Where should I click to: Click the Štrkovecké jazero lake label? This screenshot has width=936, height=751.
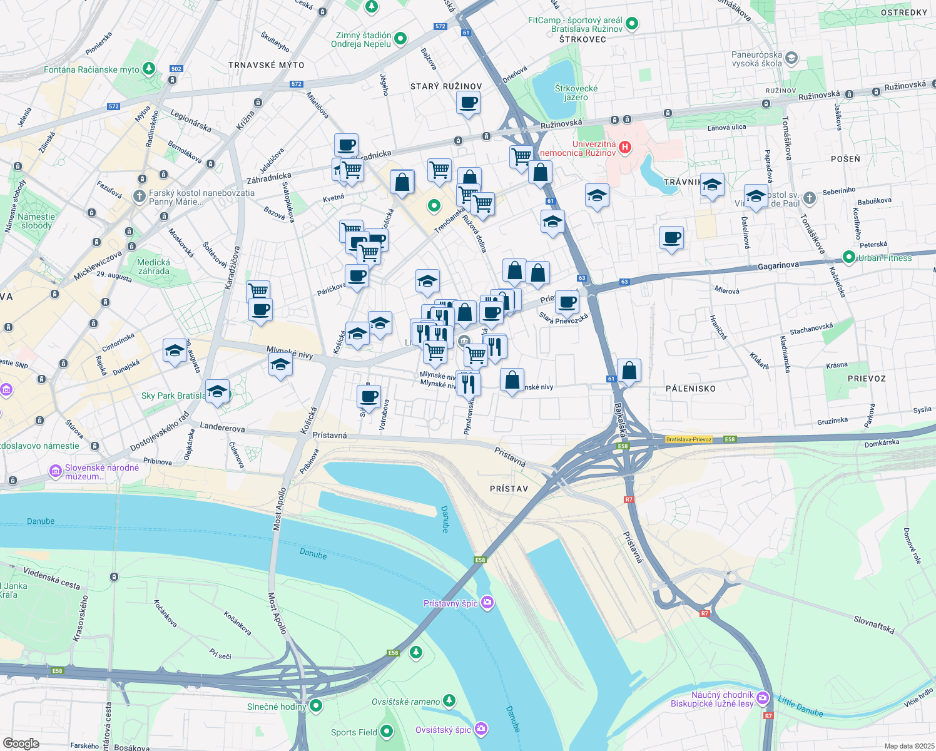tap(576, 93)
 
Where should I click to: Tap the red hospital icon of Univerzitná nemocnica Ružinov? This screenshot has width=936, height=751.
tap(624, 148)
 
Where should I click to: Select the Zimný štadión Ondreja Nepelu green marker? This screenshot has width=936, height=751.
tap(400, 39)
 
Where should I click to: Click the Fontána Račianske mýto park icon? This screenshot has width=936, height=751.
tap(149, 68)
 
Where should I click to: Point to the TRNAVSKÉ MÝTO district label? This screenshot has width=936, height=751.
tap(267, 65)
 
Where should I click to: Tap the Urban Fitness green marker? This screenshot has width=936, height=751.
tap(848, 257)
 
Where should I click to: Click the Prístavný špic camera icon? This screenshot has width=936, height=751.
tap(487, 603)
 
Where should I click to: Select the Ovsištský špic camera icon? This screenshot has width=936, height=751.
tap(481, 728)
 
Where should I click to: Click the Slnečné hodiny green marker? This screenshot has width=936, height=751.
tap(316, 706)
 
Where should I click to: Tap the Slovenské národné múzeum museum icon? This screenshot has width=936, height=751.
tap(56, 470)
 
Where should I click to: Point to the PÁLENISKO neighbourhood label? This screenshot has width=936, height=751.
tap(691, 389)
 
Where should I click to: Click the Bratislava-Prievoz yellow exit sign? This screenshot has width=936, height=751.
tap(689, 439)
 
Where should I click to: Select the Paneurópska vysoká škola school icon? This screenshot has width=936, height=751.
tap(791, 58)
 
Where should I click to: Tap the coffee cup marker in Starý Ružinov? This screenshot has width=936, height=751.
tap(468, 102)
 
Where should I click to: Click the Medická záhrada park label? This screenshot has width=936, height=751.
tap(154, 267)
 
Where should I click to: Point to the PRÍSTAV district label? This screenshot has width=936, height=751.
tap(509, 489)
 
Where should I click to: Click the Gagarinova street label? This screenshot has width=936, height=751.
tap(778, 266)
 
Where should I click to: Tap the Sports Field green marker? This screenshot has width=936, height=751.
tap(386, 731)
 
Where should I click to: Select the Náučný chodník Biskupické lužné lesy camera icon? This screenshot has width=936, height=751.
tap(762, 698)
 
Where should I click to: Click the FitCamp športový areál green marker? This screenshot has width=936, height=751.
tap(632, 24)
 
